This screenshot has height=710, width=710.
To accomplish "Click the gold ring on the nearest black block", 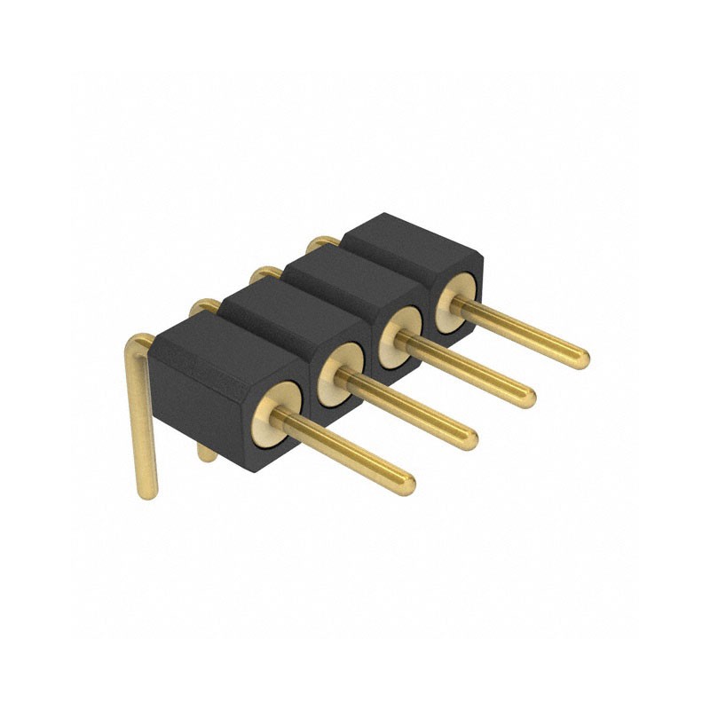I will click(278, 410).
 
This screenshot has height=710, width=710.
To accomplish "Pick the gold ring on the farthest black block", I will click(456, 303).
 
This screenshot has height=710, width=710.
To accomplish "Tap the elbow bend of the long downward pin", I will click(138, 343).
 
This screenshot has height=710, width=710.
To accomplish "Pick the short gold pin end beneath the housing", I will click(207, 454).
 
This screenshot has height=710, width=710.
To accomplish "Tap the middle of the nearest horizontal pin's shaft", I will click(346, 448).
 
